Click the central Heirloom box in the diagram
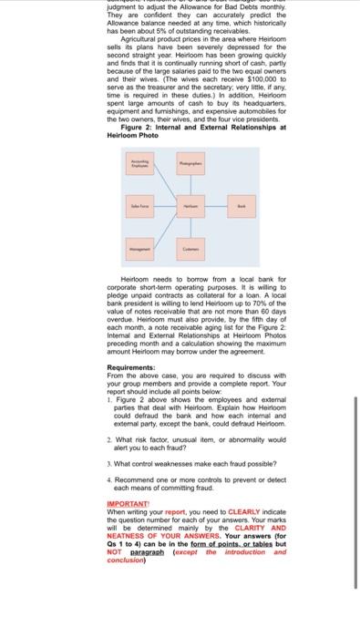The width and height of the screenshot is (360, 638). (x=190, y=207)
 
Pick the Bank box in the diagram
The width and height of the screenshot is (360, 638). (x=242, y=207)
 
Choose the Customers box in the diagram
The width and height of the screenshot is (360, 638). (x=190, y=247)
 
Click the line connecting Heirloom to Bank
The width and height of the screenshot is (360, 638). (x=216, y=207)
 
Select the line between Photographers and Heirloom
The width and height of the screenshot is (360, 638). (x=190, y=187)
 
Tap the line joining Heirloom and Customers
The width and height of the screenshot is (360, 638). (x=190, y=227)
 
